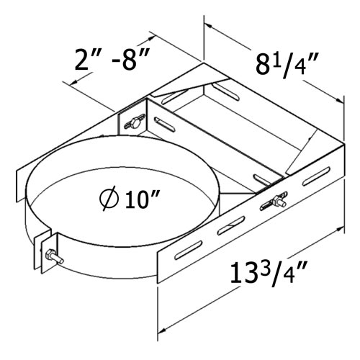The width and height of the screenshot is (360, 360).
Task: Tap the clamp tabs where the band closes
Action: [45, 248]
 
